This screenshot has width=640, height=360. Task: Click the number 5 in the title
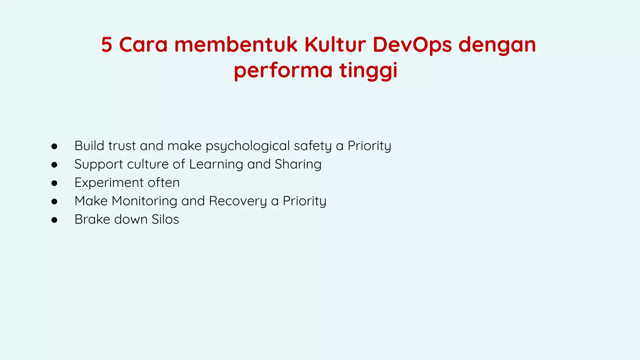coord(107,45)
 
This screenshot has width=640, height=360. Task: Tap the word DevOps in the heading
coord(412,45)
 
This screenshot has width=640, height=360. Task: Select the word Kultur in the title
coord(335,45)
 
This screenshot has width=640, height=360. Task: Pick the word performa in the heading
coord(283,71)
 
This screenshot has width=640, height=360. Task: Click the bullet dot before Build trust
coord(54,146)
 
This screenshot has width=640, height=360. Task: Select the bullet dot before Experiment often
coord(54,183)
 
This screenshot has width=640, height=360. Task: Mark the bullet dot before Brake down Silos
coord(54,220)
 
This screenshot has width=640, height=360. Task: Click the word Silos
coord(165,219)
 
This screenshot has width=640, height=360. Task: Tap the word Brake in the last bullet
coord(92,219)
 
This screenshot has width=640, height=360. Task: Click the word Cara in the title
coord(143,45)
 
